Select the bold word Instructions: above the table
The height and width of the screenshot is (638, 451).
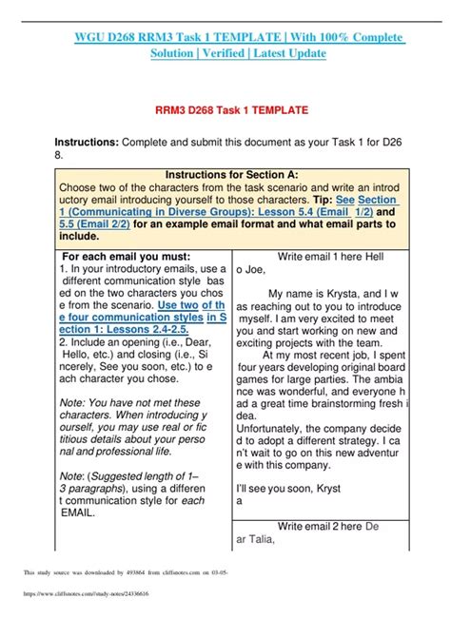tap(87, 143)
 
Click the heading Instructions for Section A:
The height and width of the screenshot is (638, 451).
tap(231, 174)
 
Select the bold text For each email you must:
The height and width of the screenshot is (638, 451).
tap(126, 257)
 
